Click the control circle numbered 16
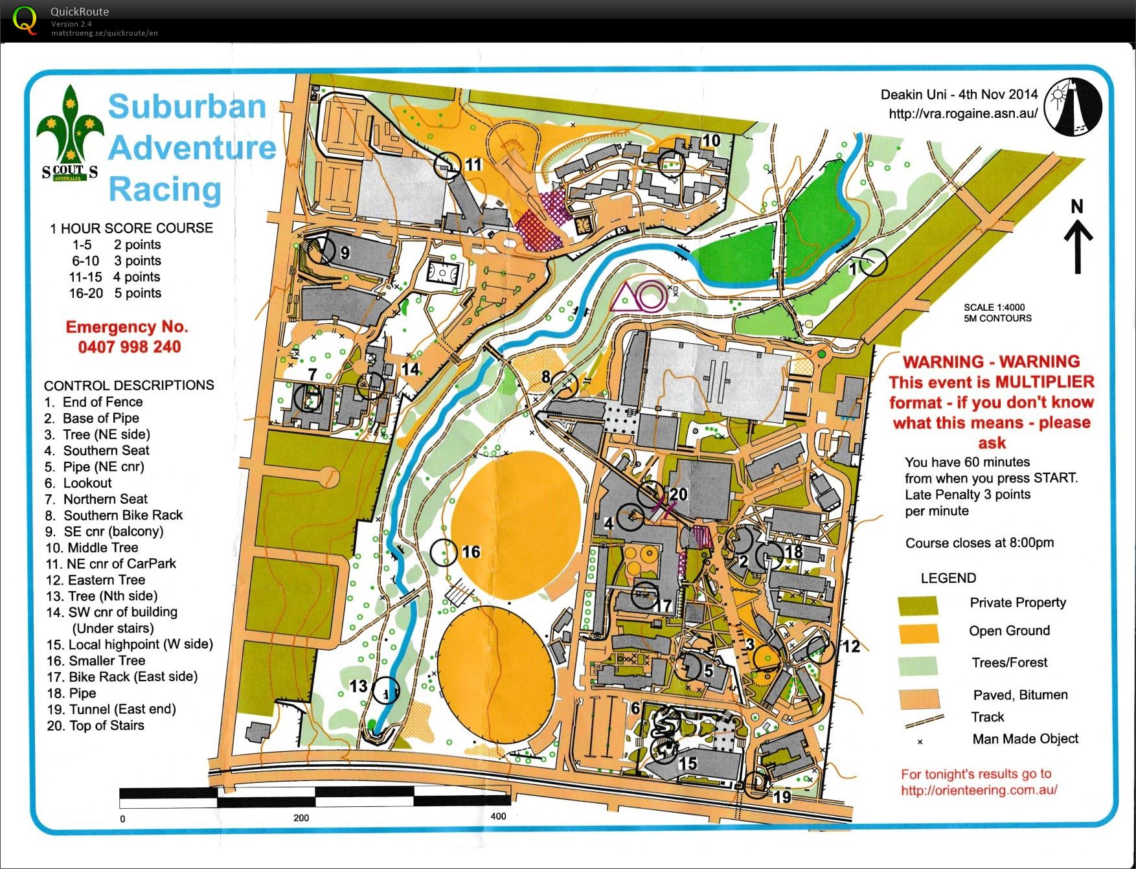tap(444, 552)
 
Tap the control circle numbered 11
tap(447, 166)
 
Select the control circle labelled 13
tap(386, 690)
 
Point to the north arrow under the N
tap(1078, 246)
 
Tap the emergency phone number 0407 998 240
tap(130, 347)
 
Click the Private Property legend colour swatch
tap(918, 605)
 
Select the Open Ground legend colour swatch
tap(918, 633)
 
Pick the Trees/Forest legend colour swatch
tap(918, 666)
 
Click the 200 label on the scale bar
tap(301, 818)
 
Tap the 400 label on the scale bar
tap(498, 816)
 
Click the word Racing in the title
tap(165, 189)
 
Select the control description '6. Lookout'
tap(78, 483)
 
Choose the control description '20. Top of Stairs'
tap(95, 726)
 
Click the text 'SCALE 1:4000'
tap(994, 308)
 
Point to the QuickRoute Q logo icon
tap(25, 20)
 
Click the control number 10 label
tap(711, 141)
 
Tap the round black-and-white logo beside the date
tap(1073, 107)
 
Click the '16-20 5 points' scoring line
tap(115, 293)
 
